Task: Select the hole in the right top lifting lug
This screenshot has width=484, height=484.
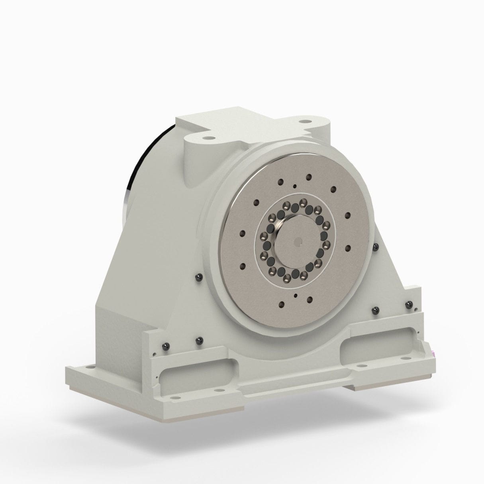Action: tap(305, 120)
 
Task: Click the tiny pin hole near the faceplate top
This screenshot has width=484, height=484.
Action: tap(294, 186)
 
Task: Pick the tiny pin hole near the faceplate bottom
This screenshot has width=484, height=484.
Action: tap(295, 295)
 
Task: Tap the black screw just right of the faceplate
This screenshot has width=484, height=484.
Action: tap(374, 248)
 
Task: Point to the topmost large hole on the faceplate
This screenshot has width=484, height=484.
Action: tap(308, 176)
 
